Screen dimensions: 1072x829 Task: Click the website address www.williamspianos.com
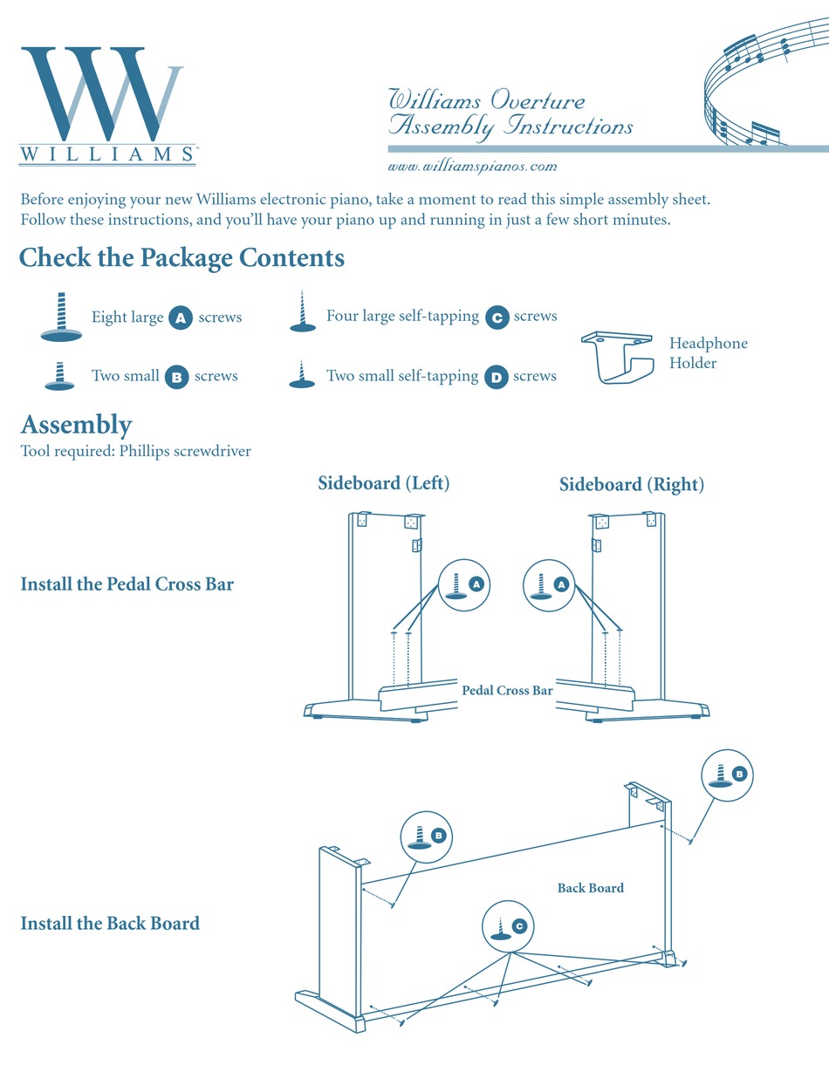tap(472, 166)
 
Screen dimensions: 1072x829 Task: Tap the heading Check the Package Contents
tap(182, 258)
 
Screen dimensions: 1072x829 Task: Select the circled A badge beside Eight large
tap(180, 318)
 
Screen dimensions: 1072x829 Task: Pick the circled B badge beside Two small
tap(176, 377)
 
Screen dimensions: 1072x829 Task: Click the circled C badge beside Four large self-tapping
tap(496, 317)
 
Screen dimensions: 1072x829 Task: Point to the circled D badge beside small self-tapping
tap(496, 377)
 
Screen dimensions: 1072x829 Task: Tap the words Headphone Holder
tap(708, 353)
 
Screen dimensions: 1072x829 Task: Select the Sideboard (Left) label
tap(383, 482)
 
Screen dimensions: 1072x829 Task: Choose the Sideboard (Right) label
tap(631, 484)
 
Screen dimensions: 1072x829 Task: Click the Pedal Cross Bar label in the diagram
tap(507, 690)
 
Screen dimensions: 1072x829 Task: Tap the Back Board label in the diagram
tap(591, 888)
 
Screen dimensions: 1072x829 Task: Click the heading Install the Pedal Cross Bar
tap(127, 584)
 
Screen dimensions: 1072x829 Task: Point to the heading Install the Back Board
tap(110, 923)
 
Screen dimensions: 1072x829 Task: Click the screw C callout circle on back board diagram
tap(509, 927)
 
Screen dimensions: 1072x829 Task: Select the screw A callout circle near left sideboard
tap(465, 584)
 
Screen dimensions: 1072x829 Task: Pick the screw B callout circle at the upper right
tap(729, 775)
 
